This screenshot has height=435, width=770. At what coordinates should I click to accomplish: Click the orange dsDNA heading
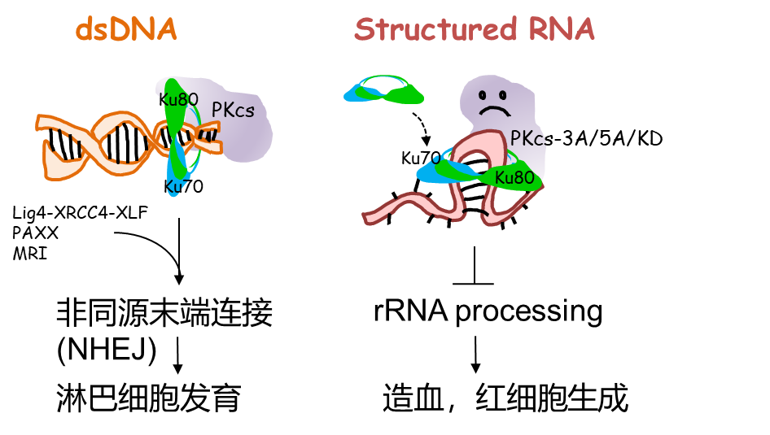tap(126, 30)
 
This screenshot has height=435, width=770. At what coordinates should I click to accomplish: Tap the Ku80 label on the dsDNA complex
tap(178, 100)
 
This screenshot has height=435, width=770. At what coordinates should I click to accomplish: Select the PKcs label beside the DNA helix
tap(233, 110)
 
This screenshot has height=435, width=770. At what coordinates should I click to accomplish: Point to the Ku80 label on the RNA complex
tap(514, 177)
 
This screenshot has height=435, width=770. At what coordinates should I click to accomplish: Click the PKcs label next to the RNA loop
tap(527, 139)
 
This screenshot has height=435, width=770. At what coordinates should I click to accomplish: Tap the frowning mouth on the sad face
tap(492, 111)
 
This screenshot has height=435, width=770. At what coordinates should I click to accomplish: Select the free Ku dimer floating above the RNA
tap(383, 90)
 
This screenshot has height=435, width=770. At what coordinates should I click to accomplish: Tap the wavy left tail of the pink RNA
tap(399, 208)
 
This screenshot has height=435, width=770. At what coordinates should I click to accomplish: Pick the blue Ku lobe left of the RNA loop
tap(435, 172)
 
